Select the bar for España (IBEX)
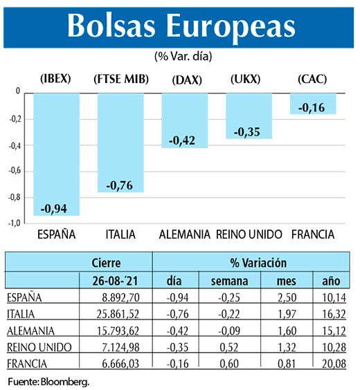pyautogui.click(x=56, y=152)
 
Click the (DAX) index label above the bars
pyautogui.click(x=186, y=80)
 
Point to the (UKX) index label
pyautogui.click(x=245, y=79)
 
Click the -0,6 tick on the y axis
pyautogui.click(x=13, y=171)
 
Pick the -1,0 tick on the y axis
pyautogui.click(x=13, y=223)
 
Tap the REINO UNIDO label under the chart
pyautogui.click(x=249, y=235)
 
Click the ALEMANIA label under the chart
pyautogui.click(x=184, y=235)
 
